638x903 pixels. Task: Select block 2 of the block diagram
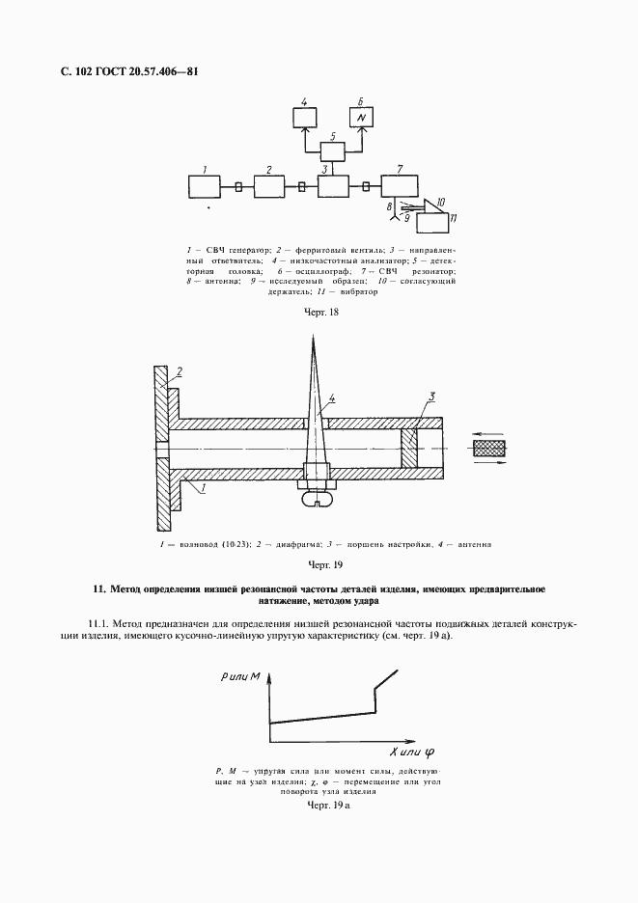(269, 185)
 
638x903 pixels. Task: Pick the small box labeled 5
(333, 150)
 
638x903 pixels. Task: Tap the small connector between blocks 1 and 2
(237, 186)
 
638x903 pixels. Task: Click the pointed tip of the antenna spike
(314, 337)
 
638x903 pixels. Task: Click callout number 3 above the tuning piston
(434, 397)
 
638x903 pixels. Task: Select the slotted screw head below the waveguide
(318, 499)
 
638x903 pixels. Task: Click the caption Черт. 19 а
(326, 804)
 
